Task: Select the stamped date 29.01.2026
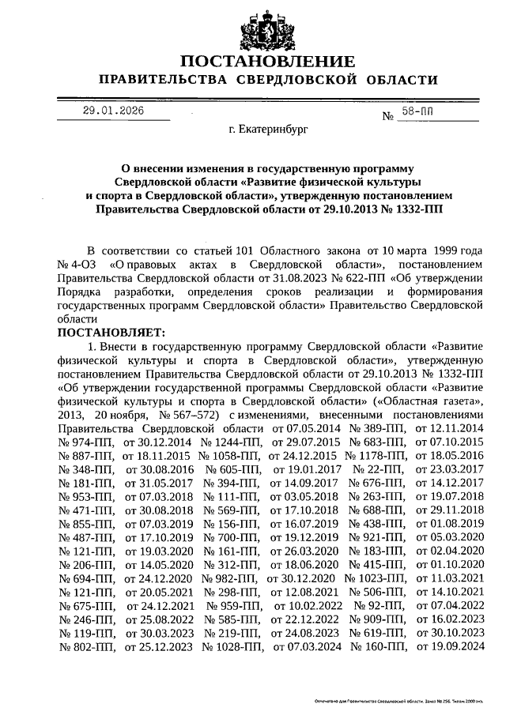pos(114,111)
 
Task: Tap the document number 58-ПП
pos(417,112)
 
